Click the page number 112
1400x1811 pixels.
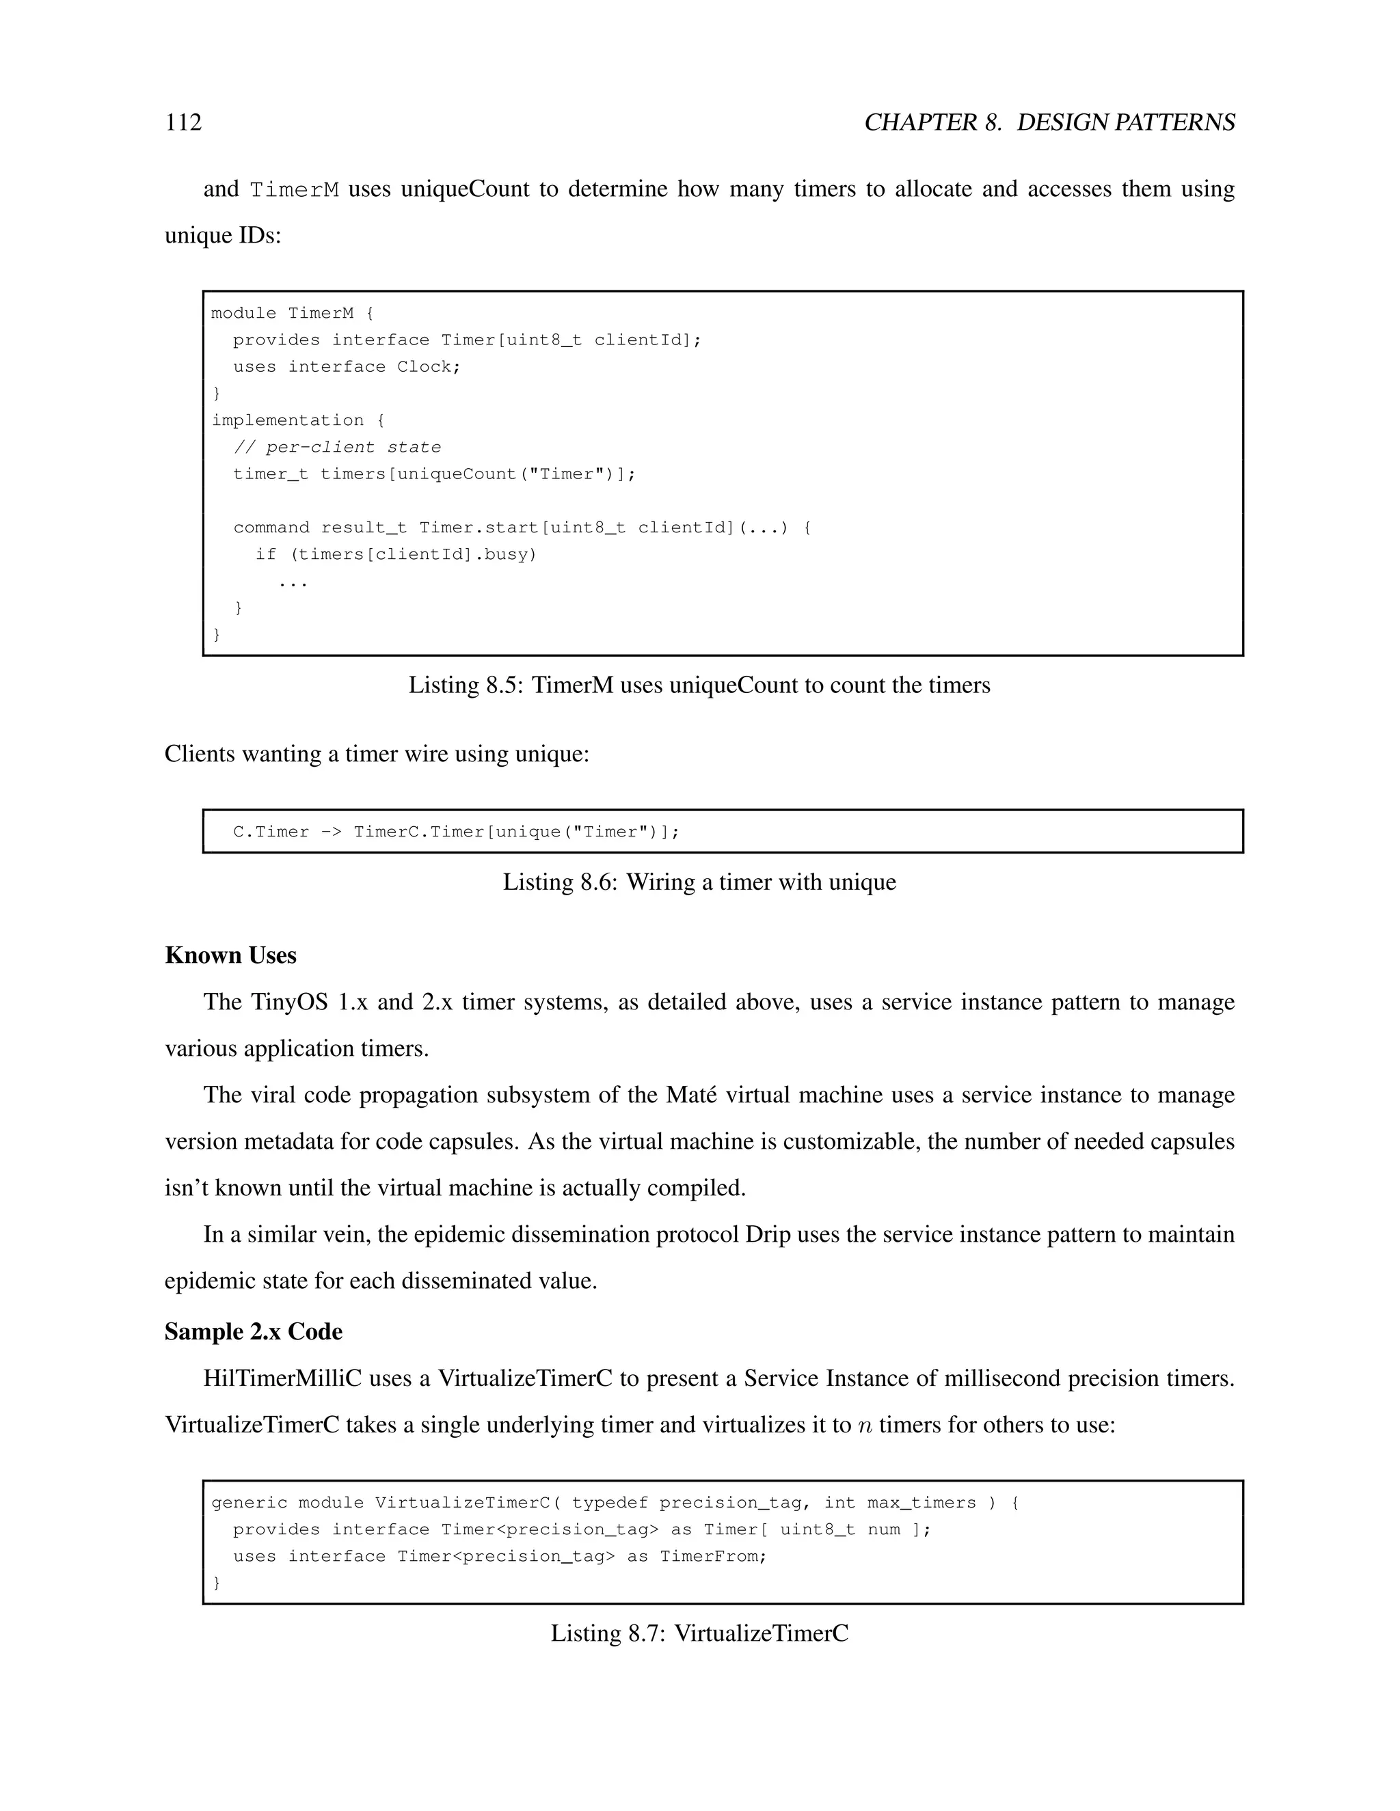point(183,123)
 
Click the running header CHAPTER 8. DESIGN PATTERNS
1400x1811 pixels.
point(1049,123)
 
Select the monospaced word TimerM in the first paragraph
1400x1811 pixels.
point(295,190)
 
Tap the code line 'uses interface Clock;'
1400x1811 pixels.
point(346,366)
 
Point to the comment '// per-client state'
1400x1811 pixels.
point(337,447)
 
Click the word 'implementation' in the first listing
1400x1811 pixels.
point(287,420)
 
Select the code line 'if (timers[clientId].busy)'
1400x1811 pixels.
point(396,554)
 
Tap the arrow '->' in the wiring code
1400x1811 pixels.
point(331,832)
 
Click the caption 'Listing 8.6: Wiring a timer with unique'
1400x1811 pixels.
point(699,882)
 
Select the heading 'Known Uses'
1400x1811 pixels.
point(230,955)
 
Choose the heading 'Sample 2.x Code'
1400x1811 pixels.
point(253,1332)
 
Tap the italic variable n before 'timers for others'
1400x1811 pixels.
point(865,1426)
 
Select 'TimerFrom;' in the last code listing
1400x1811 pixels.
point(713,1556)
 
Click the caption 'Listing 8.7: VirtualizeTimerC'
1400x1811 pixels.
point(699,1633)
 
